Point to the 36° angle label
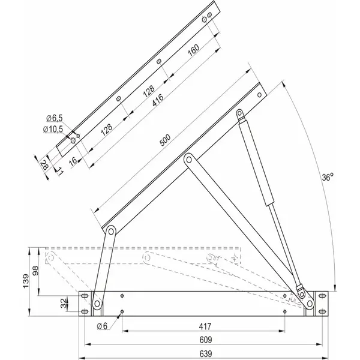coord(327,178)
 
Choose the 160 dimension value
coord(194,51)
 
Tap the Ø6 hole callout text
coord(102,326)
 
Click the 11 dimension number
coord(60,172)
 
